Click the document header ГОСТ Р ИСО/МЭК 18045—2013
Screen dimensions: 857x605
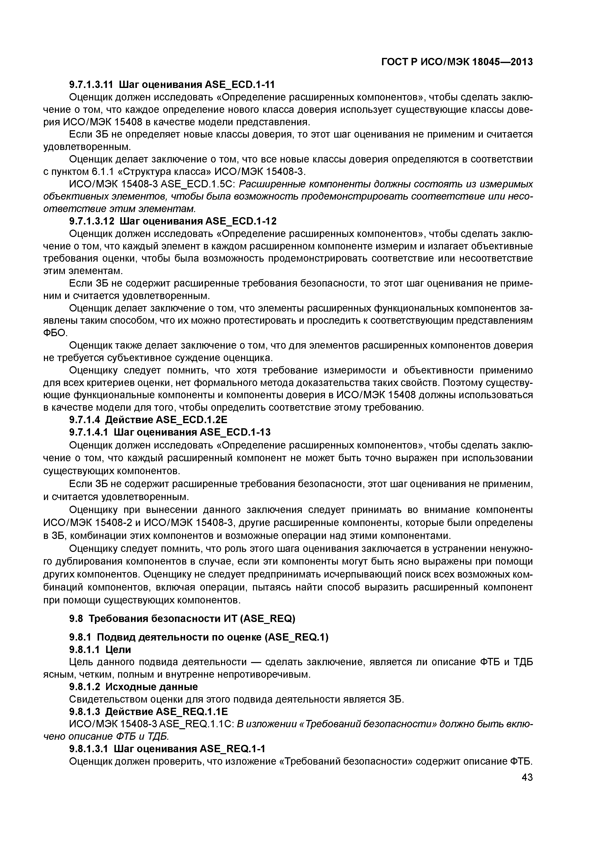[457, 62]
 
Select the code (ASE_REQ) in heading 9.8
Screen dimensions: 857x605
[268, 619]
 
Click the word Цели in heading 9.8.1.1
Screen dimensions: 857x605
[118, 650]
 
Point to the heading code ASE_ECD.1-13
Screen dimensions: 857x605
[235, 432]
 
